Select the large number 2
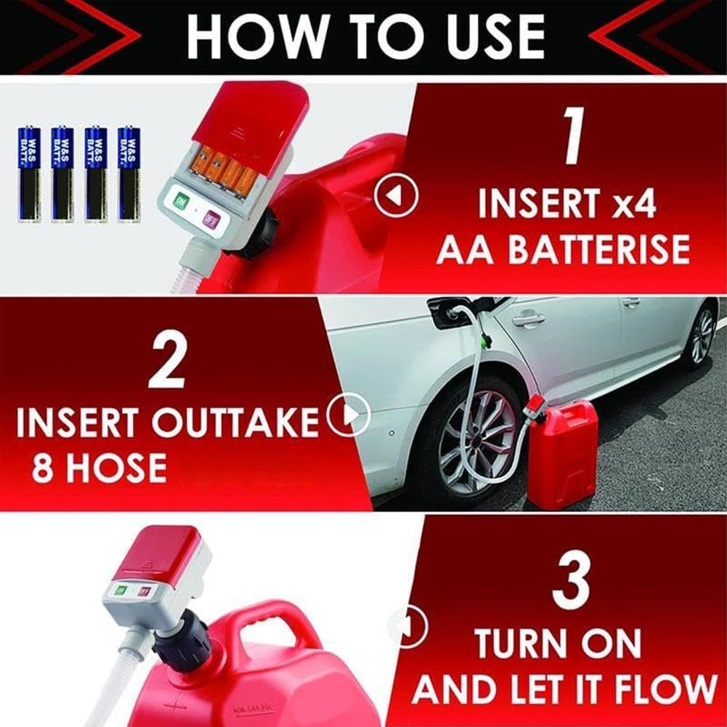[166, 365]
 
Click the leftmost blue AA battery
[28, 174]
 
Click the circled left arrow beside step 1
[396, 195]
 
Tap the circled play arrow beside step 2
[349, 415]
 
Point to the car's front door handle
[528, 317]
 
